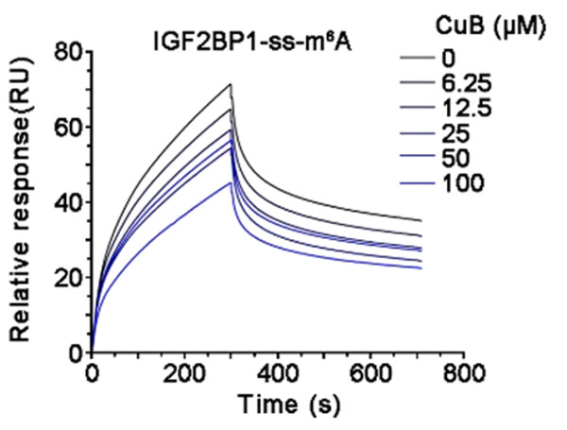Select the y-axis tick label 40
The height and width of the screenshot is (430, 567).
coord(65,202)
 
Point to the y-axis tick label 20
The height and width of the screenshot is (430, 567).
coord(65,278)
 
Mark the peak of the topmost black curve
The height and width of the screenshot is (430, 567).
coord(230,84)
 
